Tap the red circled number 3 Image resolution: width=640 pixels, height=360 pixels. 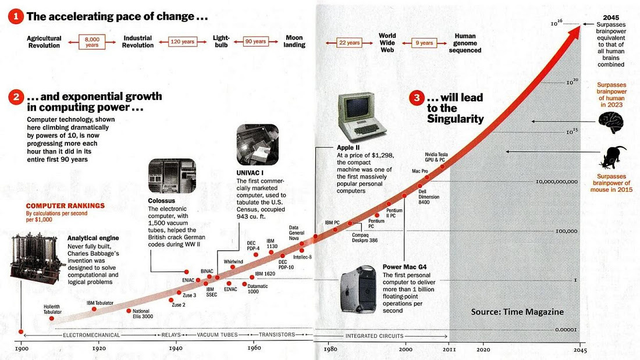click(x=416, y=98)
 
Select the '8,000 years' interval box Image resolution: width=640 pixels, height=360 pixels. click(x=92, y=42)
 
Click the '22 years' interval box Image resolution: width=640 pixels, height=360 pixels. click(x=349, y=43)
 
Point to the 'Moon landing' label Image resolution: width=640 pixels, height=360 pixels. click(x=294, y=41)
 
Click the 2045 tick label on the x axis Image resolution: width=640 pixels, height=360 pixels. click(x=579, y=350)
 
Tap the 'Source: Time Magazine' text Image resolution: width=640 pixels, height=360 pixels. click(x=517, y=312)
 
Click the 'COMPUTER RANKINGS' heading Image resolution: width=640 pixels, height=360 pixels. click(x=65, y=205)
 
